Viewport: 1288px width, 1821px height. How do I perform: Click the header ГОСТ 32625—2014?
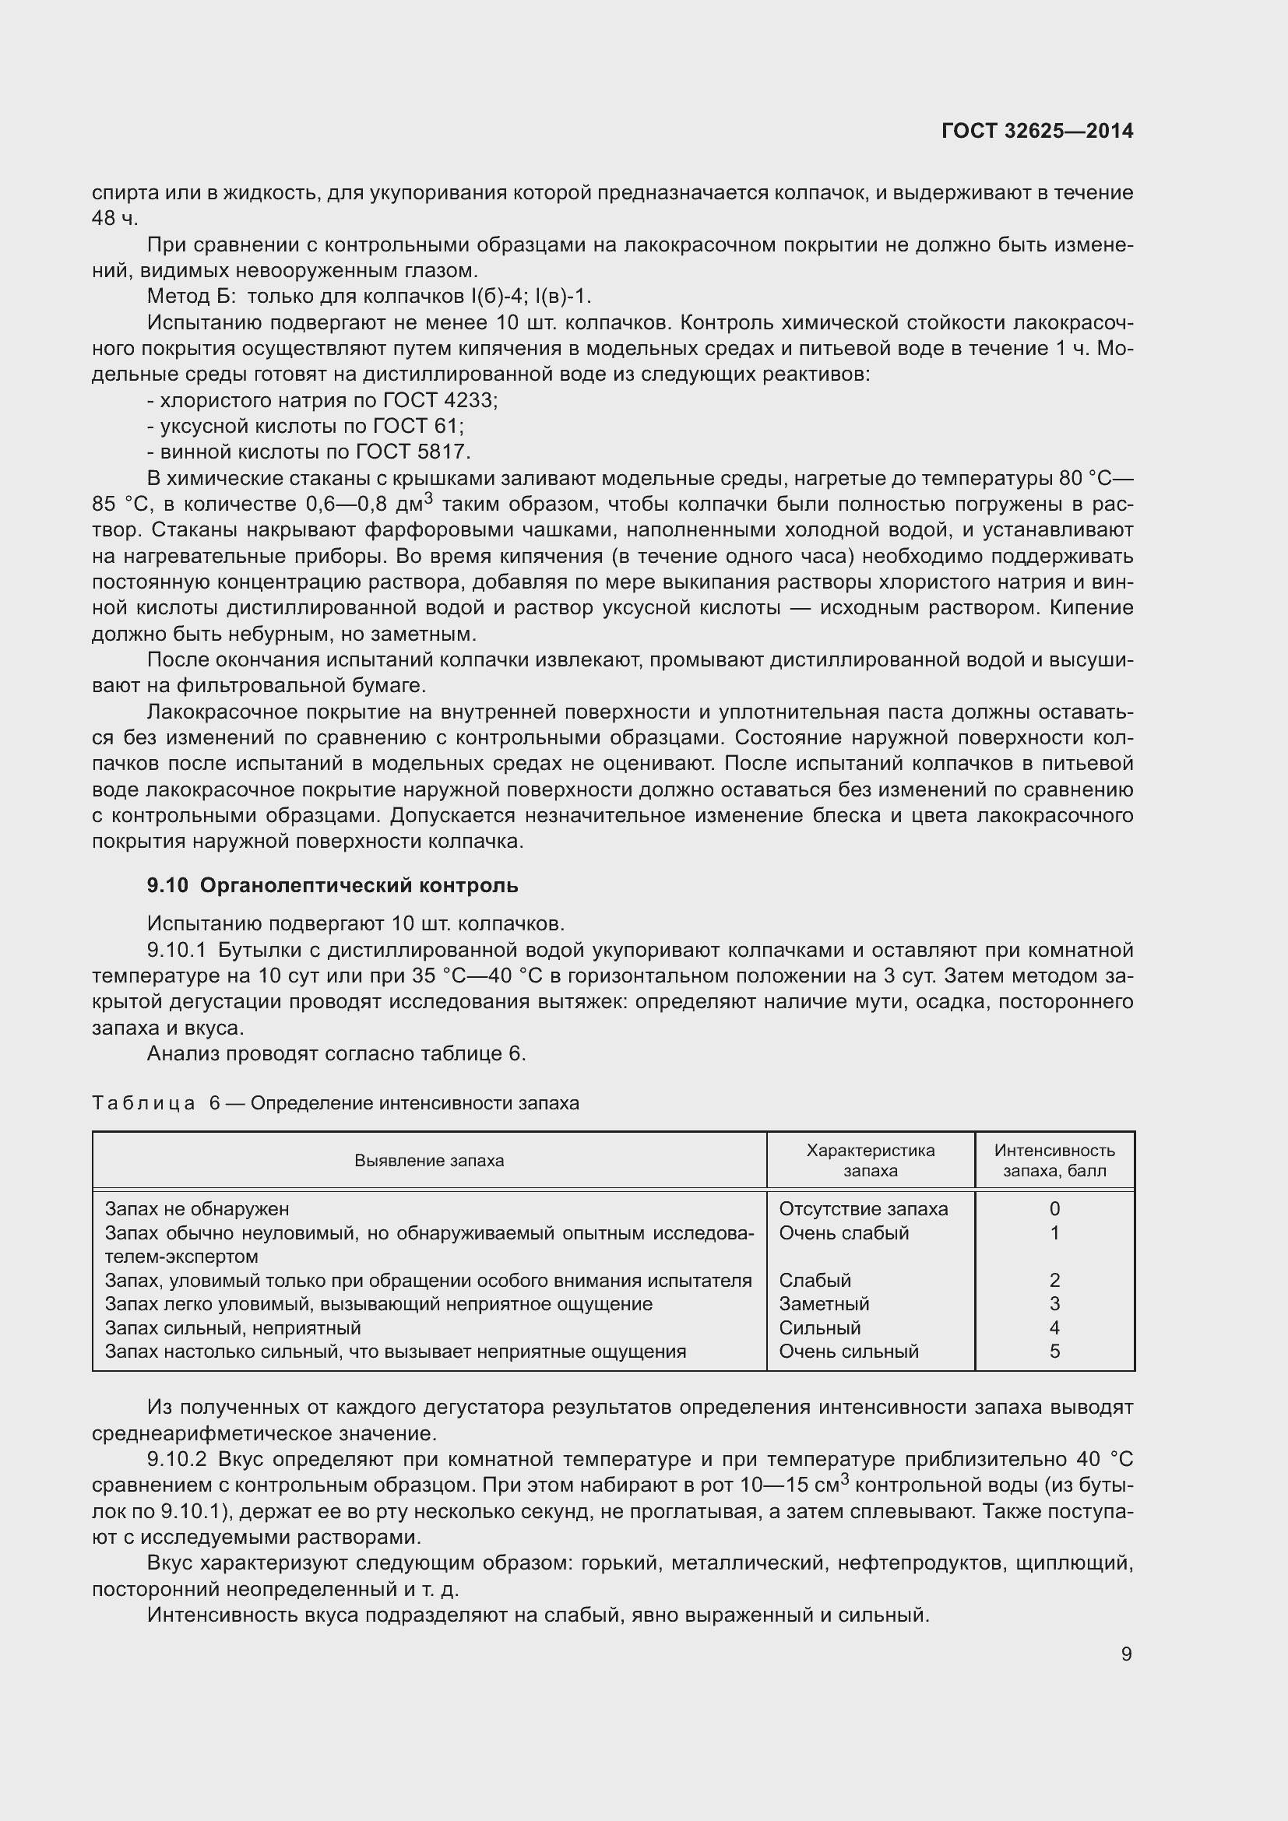1036,131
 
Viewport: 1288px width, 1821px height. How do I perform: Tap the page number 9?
1126,1654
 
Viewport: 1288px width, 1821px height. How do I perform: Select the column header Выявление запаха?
429,1160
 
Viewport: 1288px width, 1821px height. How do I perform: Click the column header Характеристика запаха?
870,1160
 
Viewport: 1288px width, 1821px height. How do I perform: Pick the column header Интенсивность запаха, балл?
1054,1160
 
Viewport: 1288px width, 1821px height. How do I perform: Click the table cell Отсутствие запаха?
863,1209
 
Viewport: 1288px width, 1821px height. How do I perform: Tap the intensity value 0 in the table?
1054,1209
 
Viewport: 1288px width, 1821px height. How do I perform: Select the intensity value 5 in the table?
1054,1351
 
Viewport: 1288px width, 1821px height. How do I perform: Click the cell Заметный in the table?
823,1304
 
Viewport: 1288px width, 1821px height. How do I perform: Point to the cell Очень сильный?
848,1351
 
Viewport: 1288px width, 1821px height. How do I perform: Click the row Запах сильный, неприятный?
232,1327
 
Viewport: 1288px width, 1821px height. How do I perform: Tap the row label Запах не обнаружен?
197,1209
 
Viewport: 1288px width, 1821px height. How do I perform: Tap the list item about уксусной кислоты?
305,427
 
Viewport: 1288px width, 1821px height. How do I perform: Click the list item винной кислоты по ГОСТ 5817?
308,452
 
